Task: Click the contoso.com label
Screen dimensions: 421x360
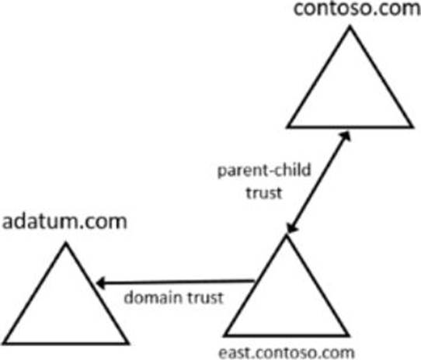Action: click(x=357, y=9)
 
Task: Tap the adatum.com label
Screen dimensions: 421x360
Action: click(x=64, y=222)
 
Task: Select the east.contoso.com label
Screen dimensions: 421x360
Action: click(x=287, y=353)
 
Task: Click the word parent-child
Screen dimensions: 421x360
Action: click(x=264, y=171)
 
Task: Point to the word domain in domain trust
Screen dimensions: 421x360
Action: click(x=152, y=297)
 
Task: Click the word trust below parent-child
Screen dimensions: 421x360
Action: click(x=264, y=193)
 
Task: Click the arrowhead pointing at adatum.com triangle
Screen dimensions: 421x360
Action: click(x=101, y=283)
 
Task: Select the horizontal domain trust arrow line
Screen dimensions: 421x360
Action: click(x=175, y=282)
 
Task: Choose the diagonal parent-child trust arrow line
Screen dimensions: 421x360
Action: click(x=318, y=182)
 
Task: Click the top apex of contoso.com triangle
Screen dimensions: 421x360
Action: click(x=350, y=27)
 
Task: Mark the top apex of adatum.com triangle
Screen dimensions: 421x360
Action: click(x=66, y=244)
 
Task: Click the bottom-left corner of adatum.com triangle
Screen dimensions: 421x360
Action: click(x=4, y=343)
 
